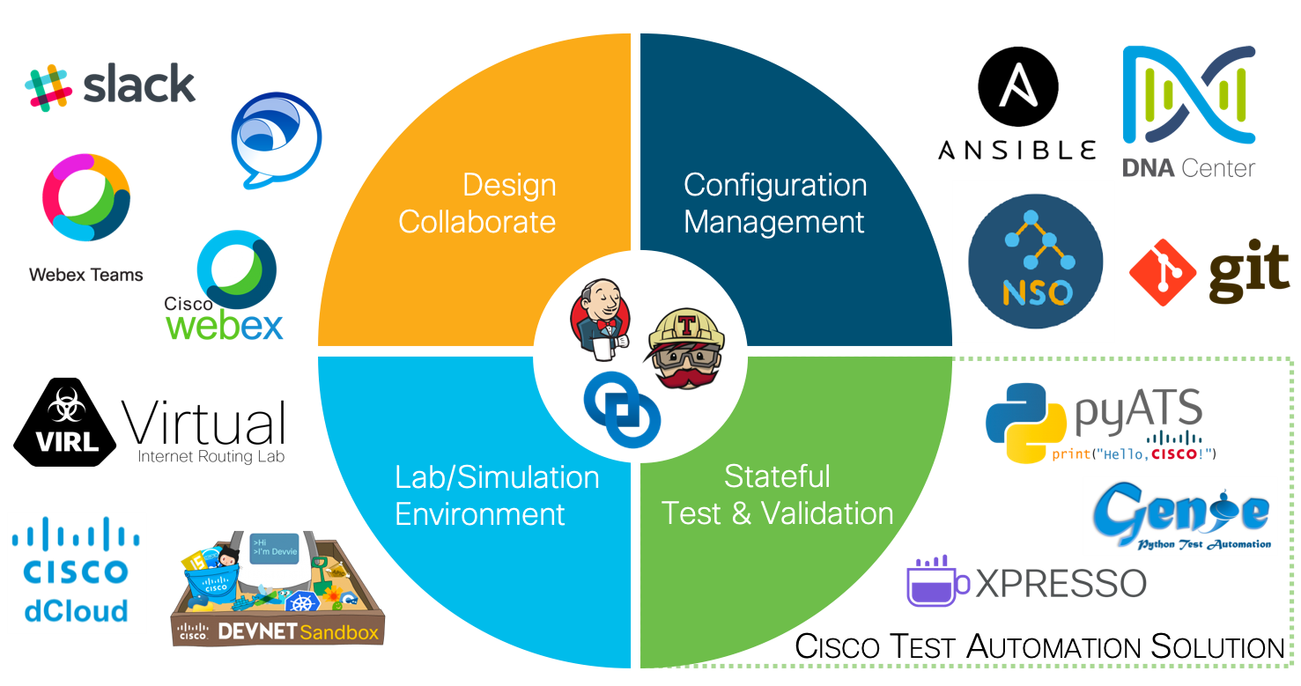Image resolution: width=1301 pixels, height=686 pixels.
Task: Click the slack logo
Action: pyautogui.click(x=110, y=85)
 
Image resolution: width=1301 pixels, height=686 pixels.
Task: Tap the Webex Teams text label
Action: pyautogui.click(x=85, y=275)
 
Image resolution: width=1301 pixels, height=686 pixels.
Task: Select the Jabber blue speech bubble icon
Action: pyautogui.click(x=275, y=141)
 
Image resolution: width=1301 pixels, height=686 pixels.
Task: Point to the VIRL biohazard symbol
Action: pyautogui.click(x=66, y=406)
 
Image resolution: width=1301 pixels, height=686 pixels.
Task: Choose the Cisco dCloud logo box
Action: pyautogui.click(x=77, y=572)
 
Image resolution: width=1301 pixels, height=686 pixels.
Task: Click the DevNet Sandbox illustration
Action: pyautogui.click(x=278, y=588)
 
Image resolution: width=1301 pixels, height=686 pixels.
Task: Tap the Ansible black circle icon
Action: pyautogui.click(x=1017, y=88)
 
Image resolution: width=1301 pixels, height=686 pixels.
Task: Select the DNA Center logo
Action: pyautogui.click(x=1189, y=110)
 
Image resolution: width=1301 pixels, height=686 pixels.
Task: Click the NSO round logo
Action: pyautogui.click(x=1035, y=262)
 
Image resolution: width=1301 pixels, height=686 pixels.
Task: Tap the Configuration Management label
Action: pyautogui.click(x=775, y=203)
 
